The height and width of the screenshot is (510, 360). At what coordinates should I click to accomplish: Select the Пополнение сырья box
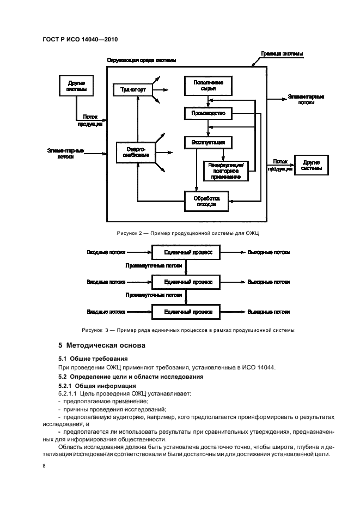208,84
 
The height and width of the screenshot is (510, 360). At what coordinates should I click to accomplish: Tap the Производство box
208,113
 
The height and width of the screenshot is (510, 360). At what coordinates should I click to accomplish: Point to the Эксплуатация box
208,143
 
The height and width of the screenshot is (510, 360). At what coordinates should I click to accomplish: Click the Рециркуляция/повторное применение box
225,170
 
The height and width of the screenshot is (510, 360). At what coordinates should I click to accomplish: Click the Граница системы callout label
285,53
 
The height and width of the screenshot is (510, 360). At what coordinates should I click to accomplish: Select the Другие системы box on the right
311,165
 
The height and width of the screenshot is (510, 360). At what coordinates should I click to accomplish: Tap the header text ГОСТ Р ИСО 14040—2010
79,39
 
